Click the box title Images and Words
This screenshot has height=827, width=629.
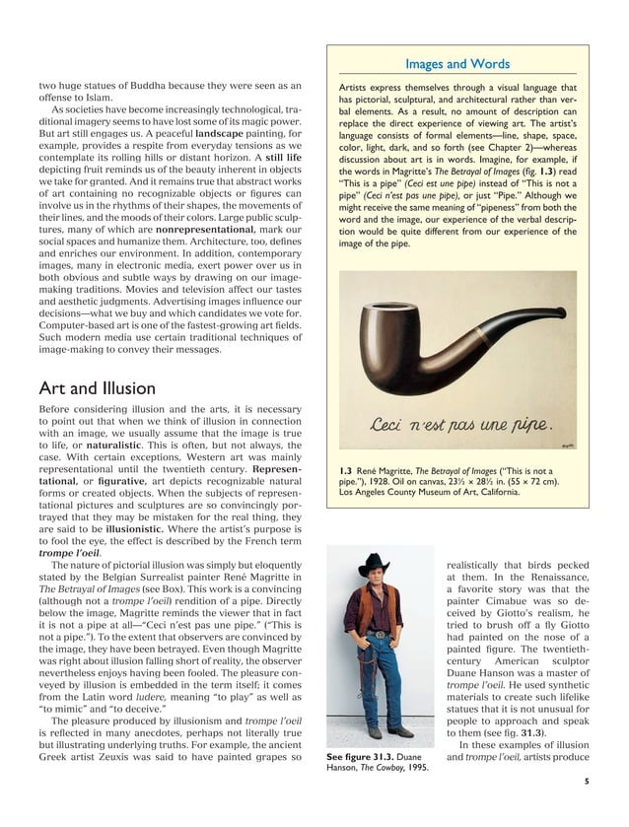pyautogui.click(x=457, y=65)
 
